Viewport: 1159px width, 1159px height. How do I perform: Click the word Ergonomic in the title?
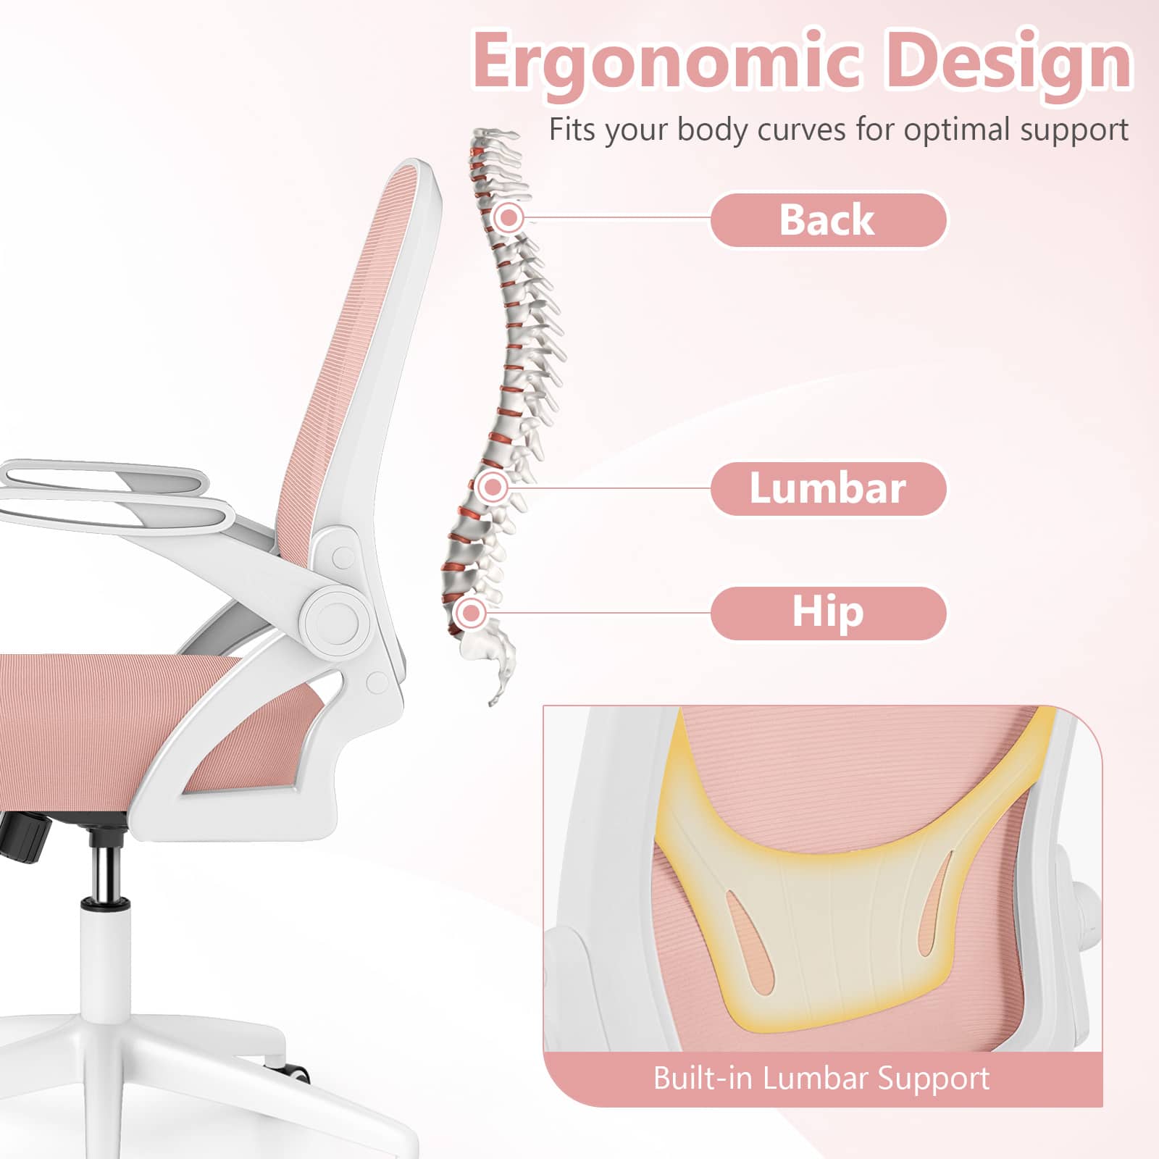point(666,62)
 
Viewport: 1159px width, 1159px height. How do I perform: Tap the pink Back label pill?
point(827,219)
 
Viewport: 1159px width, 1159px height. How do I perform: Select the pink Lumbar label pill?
point(827,488)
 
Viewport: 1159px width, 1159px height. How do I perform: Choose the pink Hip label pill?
point(827,613)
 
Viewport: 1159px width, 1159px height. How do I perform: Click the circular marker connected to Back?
point(510,217)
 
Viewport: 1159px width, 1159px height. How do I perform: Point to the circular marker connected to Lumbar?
point(493,487)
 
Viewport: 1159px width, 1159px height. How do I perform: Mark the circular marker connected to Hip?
point(472,613)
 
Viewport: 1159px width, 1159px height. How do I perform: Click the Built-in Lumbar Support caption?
point(821,1079)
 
